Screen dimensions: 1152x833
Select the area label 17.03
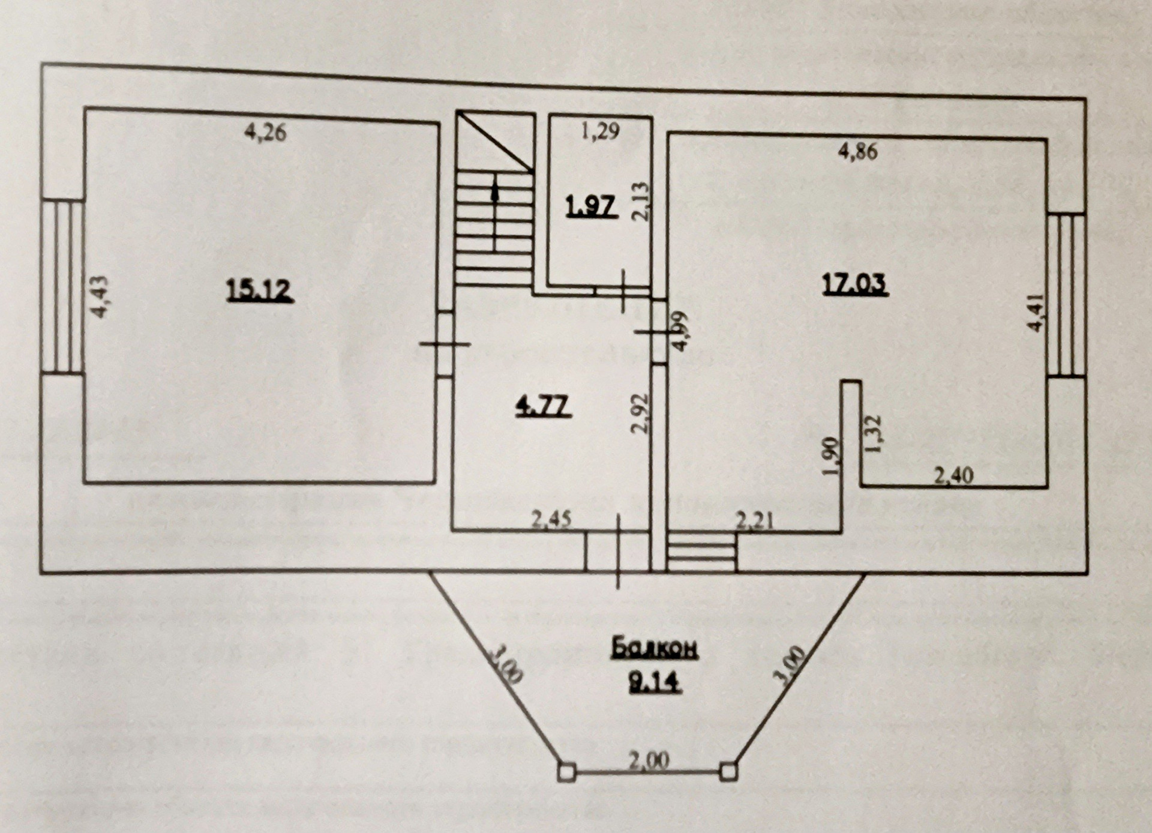click(x=854, y=284)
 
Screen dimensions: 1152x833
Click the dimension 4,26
click(x=266, y=132)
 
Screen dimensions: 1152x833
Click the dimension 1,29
click(x=601, y=130)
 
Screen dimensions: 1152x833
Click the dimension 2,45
click(x=553, y=519)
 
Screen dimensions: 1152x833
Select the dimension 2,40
click(x=954, y=476)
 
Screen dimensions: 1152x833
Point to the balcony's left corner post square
click(x=566, y=771)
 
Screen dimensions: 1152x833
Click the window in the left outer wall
click(x=62, y=286)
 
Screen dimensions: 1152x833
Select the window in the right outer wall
click(x=1066, y=295)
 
